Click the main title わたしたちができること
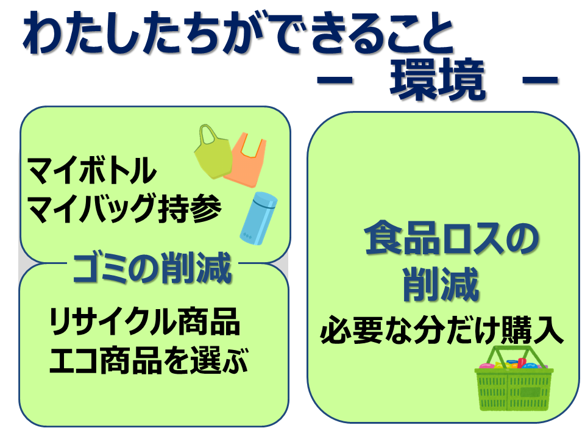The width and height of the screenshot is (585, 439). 238,34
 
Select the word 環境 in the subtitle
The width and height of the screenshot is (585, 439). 438,80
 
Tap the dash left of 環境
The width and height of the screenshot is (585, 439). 335,79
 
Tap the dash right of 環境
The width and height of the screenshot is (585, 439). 540,79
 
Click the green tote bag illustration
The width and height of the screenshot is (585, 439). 213,155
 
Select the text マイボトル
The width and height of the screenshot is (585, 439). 92,170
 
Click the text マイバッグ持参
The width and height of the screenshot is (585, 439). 125,208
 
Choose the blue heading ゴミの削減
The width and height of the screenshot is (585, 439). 152,268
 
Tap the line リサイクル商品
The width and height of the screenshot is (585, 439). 145,321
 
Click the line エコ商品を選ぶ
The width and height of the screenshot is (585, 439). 149,360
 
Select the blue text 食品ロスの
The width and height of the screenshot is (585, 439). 452,238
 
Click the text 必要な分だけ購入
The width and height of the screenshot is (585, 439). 442,330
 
